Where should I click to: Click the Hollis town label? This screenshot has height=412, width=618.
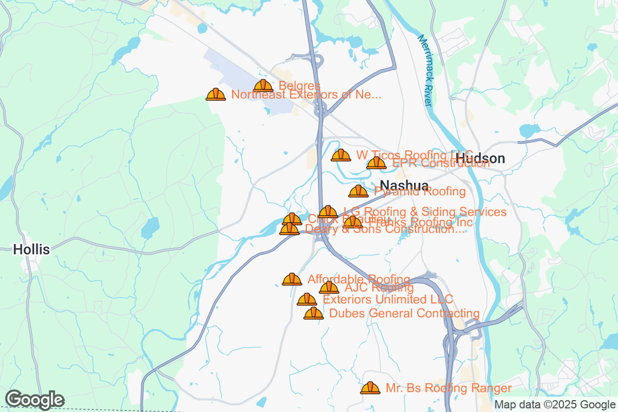pyautogui.click(x=31, y=250)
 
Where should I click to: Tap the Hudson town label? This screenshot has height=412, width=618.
pyautogui.click(x=480, y=158)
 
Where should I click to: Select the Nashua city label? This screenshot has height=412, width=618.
pyautogui.click(x=404, y=186)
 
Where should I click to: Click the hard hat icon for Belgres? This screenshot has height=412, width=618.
pyautogui.click(x=263, y=86)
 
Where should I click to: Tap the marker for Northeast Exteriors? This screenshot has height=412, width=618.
pyautogui.click(x=216, y=94)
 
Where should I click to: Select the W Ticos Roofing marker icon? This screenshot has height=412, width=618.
pyautogui.click(x=341, y=155)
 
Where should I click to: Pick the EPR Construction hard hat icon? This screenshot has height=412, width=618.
pyautogui.click(x=376, y=163)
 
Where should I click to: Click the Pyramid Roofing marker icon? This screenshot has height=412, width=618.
pyautogui.click(x=358, y=192)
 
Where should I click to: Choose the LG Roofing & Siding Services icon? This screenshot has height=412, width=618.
pyautogui.click(x=328, y=212)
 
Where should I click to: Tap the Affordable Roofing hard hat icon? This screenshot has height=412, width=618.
pyautogui.click(x=292, y=279)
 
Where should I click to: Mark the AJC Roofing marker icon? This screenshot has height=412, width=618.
pyautogui.click(x=329, y=288)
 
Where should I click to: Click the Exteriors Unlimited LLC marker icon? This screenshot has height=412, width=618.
pyautogui.click(x=307, y=299)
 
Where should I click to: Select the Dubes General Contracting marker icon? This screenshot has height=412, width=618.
pyautogui.click(x=313, y=313)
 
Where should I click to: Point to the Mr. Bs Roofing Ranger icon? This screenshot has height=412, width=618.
pyautogui.click(x=370, y=388)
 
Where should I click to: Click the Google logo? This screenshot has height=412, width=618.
pyautogui.click(x=35, y=400)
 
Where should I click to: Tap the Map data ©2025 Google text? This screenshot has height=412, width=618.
pyautogui.click(x=555, y=405)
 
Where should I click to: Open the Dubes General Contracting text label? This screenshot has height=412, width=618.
pyautogui.click(x=404, y=313)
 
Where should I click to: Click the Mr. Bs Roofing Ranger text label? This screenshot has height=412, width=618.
pyautogui.click(x=449, y=388)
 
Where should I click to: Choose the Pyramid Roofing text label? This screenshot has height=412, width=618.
pyautogui.click(x=420, y=192)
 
